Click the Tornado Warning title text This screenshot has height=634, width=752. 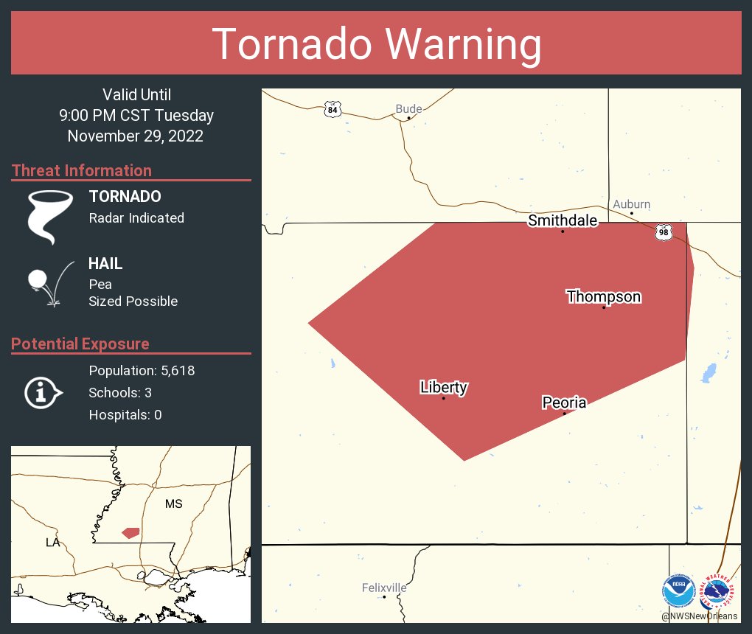point(376,44)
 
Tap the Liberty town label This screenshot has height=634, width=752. point(444,387)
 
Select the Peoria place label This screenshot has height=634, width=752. point(564,403)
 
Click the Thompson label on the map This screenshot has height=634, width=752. point(603,297)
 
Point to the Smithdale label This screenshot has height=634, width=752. point(562,220)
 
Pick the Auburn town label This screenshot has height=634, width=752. point(631,204)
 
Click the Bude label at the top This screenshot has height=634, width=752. point(408,109)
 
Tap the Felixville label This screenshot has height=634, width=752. point(384,588)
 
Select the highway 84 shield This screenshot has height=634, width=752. point(333,110)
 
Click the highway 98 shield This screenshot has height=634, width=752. point(664,232)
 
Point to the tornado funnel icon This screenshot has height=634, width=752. point(50,217)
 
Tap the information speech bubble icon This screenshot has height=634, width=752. point(43,392)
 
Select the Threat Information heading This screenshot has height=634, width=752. point(81,170)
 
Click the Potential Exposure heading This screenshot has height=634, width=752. point(80,344)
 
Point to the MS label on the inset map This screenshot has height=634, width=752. point(173,504)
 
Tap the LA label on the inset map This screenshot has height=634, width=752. point(52,542)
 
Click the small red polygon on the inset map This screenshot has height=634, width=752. point(130,532)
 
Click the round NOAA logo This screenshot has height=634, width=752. point(678,591)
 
